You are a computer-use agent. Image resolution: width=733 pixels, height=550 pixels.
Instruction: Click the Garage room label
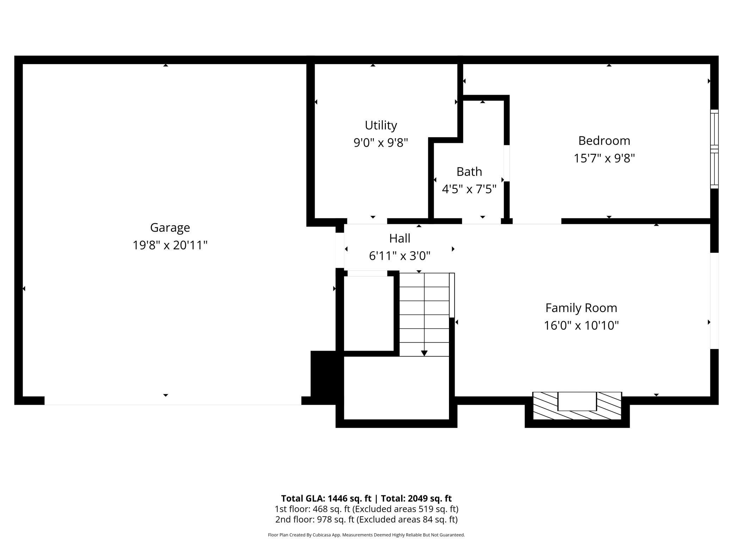tap(170, 228)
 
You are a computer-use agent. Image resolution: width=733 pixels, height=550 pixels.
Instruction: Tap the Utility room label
tap(381, 126)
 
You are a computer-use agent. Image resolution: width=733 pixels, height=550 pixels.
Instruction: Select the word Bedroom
tap(604, 141)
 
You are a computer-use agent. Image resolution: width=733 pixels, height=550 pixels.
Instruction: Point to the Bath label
tap(469, 172)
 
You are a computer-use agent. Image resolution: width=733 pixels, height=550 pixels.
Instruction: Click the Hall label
tap(400, 238)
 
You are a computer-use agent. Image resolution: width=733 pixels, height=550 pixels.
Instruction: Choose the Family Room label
tap(581, 308)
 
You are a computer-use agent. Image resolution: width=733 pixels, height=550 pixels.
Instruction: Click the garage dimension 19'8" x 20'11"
tap(170, 245)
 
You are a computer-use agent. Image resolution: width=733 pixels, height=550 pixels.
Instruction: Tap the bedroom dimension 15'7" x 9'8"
tap(604, 158)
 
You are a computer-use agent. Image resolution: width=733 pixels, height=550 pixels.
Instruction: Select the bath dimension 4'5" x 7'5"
tap(469, 189)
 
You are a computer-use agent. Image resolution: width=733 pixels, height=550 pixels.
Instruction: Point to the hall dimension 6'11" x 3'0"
tap(400, 256)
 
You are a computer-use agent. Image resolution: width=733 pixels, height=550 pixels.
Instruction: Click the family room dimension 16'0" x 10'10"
tap(581, 325)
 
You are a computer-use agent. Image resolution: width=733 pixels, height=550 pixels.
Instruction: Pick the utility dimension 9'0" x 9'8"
tap(381, 143)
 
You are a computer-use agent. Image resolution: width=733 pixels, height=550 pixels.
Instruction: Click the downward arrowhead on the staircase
tap(424, 353)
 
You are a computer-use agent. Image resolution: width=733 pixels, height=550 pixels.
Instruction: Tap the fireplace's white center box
tap(577, 401)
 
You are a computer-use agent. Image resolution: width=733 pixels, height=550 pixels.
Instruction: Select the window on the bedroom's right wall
tap(714, 149)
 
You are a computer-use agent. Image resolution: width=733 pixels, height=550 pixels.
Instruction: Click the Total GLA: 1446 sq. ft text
tap(326, 498)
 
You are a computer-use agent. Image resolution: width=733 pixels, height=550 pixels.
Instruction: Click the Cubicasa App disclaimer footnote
tap(366, 535)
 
